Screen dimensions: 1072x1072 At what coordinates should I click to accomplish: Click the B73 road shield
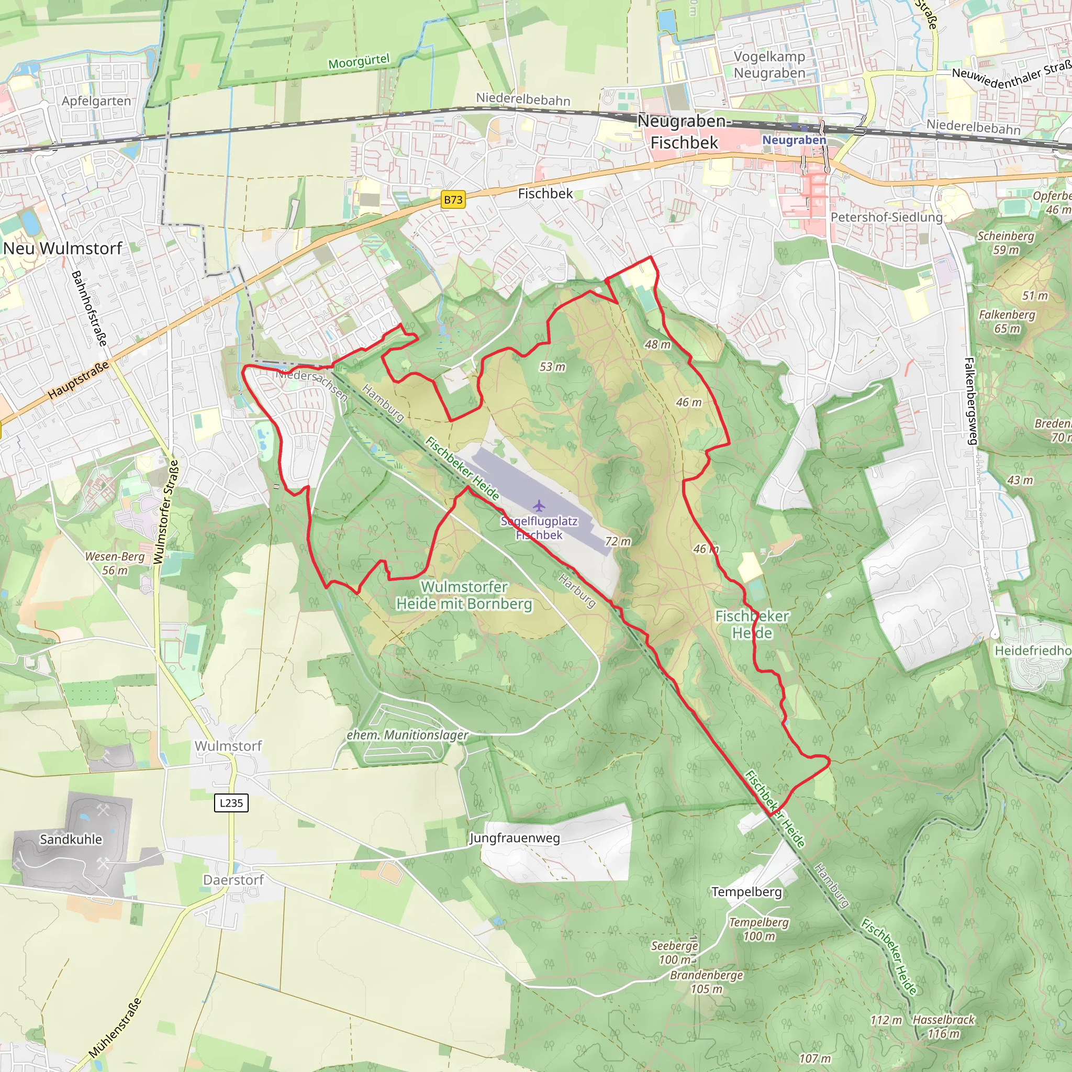point(453,200)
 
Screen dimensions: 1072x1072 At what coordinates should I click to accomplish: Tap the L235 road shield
point(231,802)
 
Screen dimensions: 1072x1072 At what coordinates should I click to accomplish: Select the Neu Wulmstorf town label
point(62,248)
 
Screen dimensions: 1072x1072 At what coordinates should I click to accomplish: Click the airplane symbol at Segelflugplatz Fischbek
point(538,506)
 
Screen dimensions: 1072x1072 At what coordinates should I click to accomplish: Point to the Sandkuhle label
point(71,839)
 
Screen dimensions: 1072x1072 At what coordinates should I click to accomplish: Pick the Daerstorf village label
point(233,879)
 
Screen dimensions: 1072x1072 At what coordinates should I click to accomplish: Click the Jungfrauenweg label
point(515,837)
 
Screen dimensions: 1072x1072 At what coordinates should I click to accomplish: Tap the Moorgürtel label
point(359,61)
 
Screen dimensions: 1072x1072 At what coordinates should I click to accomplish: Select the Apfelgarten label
point(96,101)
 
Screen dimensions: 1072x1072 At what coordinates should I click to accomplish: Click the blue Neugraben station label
point(794,140)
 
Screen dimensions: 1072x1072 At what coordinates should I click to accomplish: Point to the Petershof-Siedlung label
point(886,217)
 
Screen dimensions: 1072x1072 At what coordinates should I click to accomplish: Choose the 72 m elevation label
point(618,541)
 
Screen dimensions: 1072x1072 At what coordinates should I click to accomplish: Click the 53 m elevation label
point(552,367)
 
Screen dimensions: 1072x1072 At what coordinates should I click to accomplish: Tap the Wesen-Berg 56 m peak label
point(115,563)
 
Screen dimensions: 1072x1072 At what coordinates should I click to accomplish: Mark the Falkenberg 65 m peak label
point(1007,321)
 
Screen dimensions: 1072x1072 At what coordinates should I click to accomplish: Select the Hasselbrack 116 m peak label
point(943,1026)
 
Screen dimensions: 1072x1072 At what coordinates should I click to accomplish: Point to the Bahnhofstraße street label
point(89,308)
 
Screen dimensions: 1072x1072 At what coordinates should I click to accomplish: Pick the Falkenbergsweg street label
point(970,400)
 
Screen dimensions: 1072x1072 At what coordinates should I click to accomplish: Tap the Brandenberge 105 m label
point(706,981)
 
